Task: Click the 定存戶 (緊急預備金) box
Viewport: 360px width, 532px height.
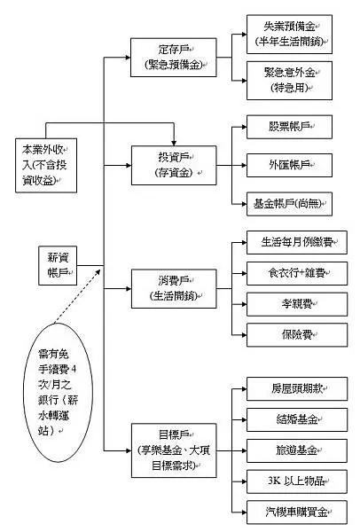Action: click(x=174, y=56)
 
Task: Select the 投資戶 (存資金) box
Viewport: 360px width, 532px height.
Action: click(x=174, y=163)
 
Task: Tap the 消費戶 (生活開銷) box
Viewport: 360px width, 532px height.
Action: click(x=174, y=288)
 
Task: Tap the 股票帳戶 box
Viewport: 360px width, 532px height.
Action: click(x=288, y=127)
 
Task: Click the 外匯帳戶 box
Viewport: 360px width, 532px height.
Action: click(x=288, y=165)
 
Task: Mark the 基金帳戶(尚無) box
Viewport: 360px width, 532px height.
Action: click(x=288, y=203)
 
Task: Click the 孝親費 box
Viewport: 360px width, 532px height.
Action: click(x=288, y=303)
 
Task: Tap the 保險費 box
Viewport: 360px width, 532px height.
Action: click(x=288, y=334)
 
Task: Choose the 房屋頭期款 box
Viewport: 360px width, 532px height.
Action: click(x=288, y=387)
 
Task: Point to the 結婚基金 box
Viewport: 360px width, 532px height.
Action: click(x=288, y=418)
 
